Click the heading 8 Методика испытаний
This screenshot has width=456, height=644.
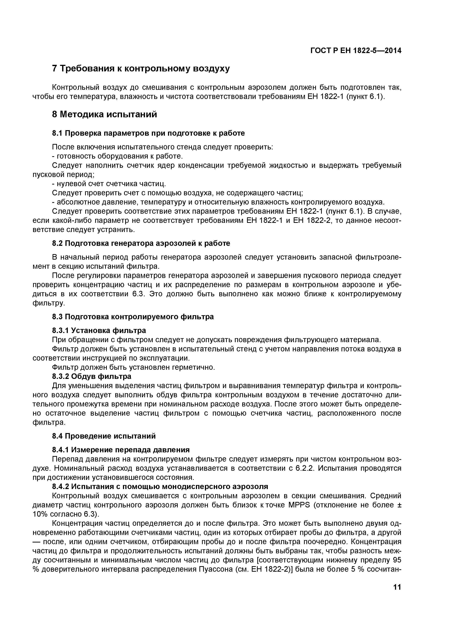pyautogui.click(x=104, y=114)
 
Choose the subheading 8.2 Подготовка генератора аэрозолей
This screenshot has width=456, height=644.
pyautogui.click(x=141, y=243)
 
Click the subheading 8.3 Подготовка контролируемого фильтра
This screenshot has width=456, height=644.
pyautogui.click(x=133, y=317)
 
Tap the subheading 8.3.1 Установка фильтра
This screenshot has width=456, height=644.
pyautogui.click(x=99, y=330)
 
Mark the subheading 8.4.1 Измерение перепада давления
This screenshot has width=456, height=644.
pyautogui.click(x=121, y=450)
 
